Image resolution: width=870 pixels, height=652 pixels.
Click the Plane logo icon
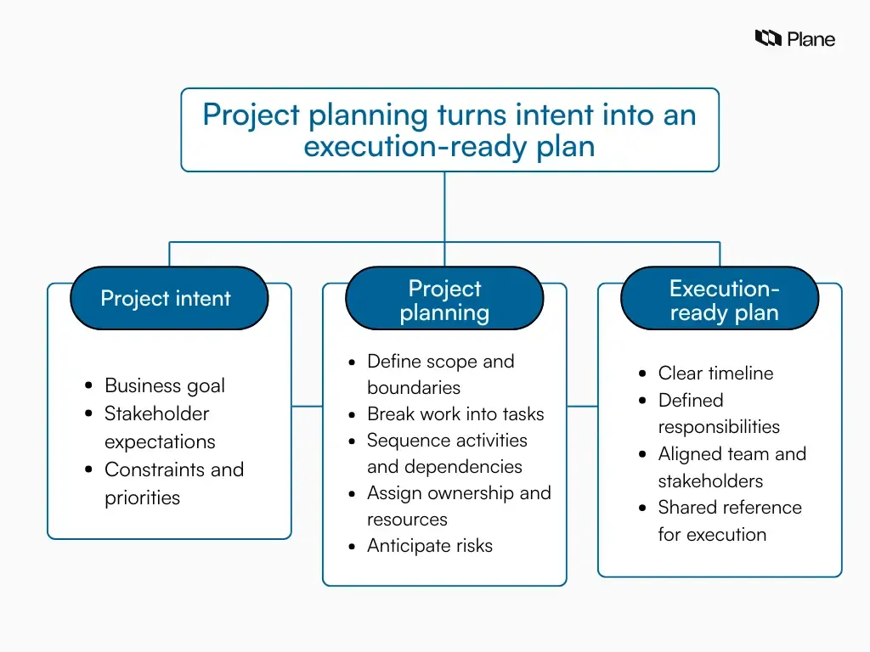[767, 38]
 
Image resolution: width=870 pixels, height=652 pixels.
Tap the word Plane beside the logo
[811, 39]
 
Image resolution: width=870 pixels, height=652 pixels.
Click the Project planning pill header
[444, 301]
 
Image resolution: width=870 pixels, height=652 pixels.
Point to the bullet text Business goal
[165, 385]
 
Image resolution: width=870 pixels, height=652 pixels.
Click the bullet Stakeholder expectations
[159, 427]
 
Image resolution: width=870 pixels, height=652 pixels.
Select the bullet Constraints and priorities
[173, 483]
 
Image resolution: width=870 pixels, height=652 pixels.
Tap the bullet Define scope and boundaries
[440, 374]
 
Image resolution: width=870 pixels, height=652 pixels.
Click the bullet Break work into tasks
[455, 414]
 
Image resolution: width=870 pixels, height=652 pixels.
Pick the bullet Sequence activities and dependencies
[446, 453]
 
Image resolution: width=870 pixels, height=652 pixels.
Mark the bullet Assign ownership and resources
[458, 506]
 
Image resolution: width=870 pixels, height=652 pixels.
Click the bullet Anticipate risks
[429, 546]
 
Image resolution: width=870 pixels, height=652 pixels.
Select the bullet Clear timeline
[715, 374]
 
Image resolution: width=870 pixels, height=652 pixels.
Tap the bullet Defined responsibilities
[718, 413]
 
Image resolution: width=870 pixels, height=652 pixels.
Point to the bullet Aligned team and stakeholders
[731, 467]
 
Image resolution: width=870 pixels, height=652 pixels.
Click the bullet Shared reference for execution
[729, 520]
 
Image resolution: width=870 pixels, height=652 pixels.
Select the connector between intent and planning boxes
[307, 406]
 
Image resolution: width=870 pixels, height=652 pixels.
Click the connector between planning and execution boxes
[582, 406]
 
